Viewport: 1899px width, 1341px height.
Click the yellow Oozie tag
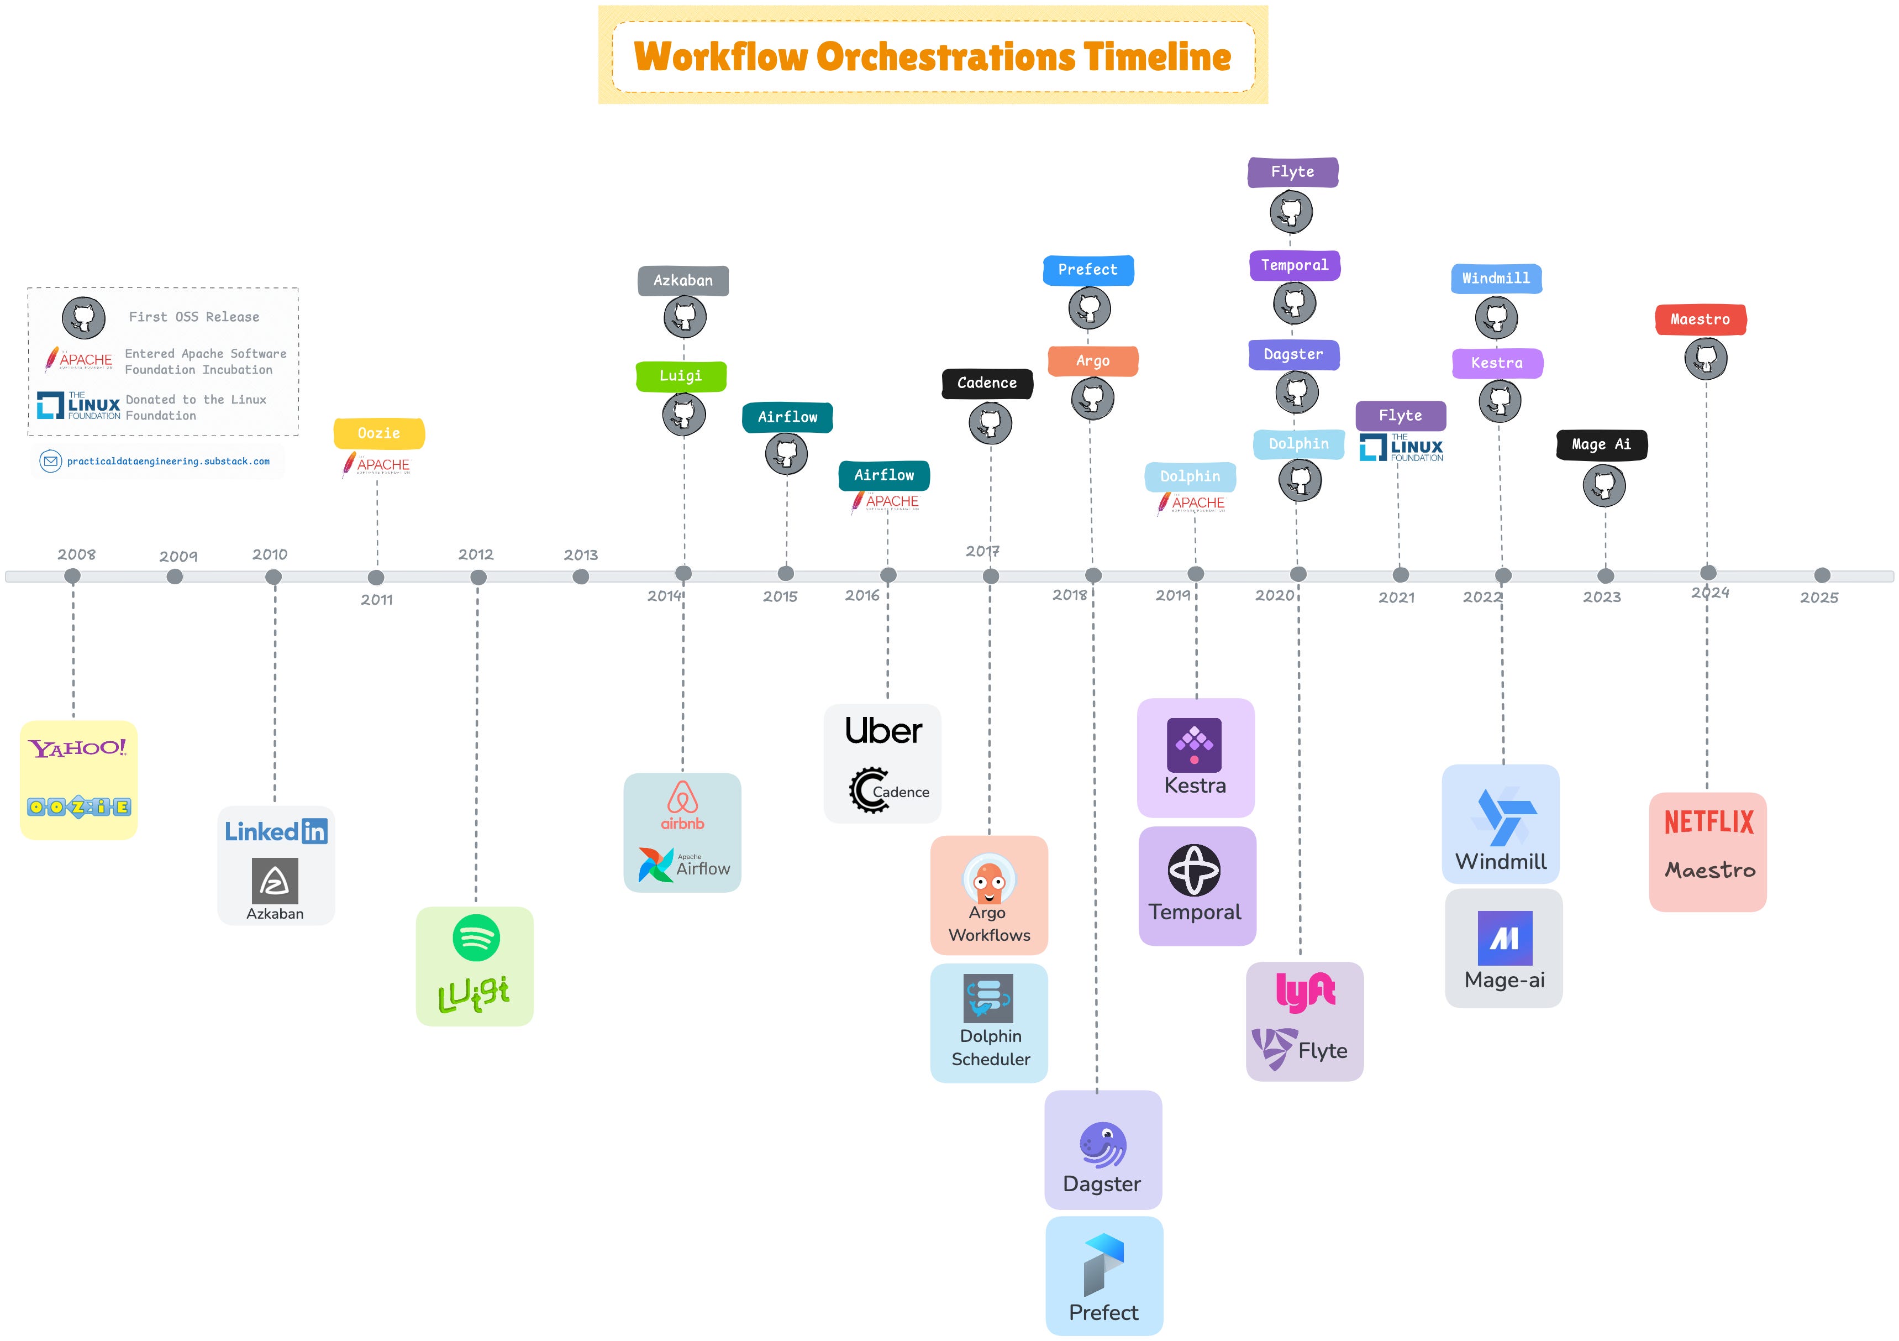pyautogui.click(x=379, y=433)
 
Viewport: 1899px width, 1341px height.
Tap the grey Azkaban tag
pyautogui.click(x=682, y=280)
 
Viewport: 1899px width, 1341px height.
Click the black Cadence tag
pyautogui.click(x=987, y=383)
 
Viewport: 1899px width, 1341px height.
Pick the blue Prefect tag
pyautogui.click(x=1087, y=270)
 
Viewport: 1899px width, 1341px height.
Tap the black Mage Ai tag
pyautogui.click(x=1601, y=444)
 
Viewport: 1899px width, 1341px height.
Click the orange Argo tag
pyautogui.click(x=1092, y=361)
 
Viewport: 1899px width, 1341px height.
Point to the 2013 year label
pyautogui.click(x=581, y=555)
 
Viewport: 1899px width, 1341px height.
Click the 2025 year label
pyautogui.click(x=1819, y=598)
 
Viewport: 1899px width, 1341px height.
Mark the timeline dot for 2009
pyautogui.click(x=175, y=577)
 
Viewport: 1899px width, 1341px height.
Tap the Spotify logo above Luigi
pyautogui.click(x=476, y=937)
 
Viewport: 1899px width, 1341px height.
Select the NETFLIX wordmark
pyautogui.click(x=1709, y=823)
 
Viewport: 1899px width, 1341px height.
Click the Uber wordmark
pyautogui.click(x=883, y=731)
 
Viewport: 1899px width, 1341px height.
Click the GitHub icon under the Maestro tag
pyautogui.click(x=1706, y=359)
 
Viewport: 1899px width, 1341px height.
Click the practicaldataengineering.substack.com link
pyautogui.click(x=168, y=462)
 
